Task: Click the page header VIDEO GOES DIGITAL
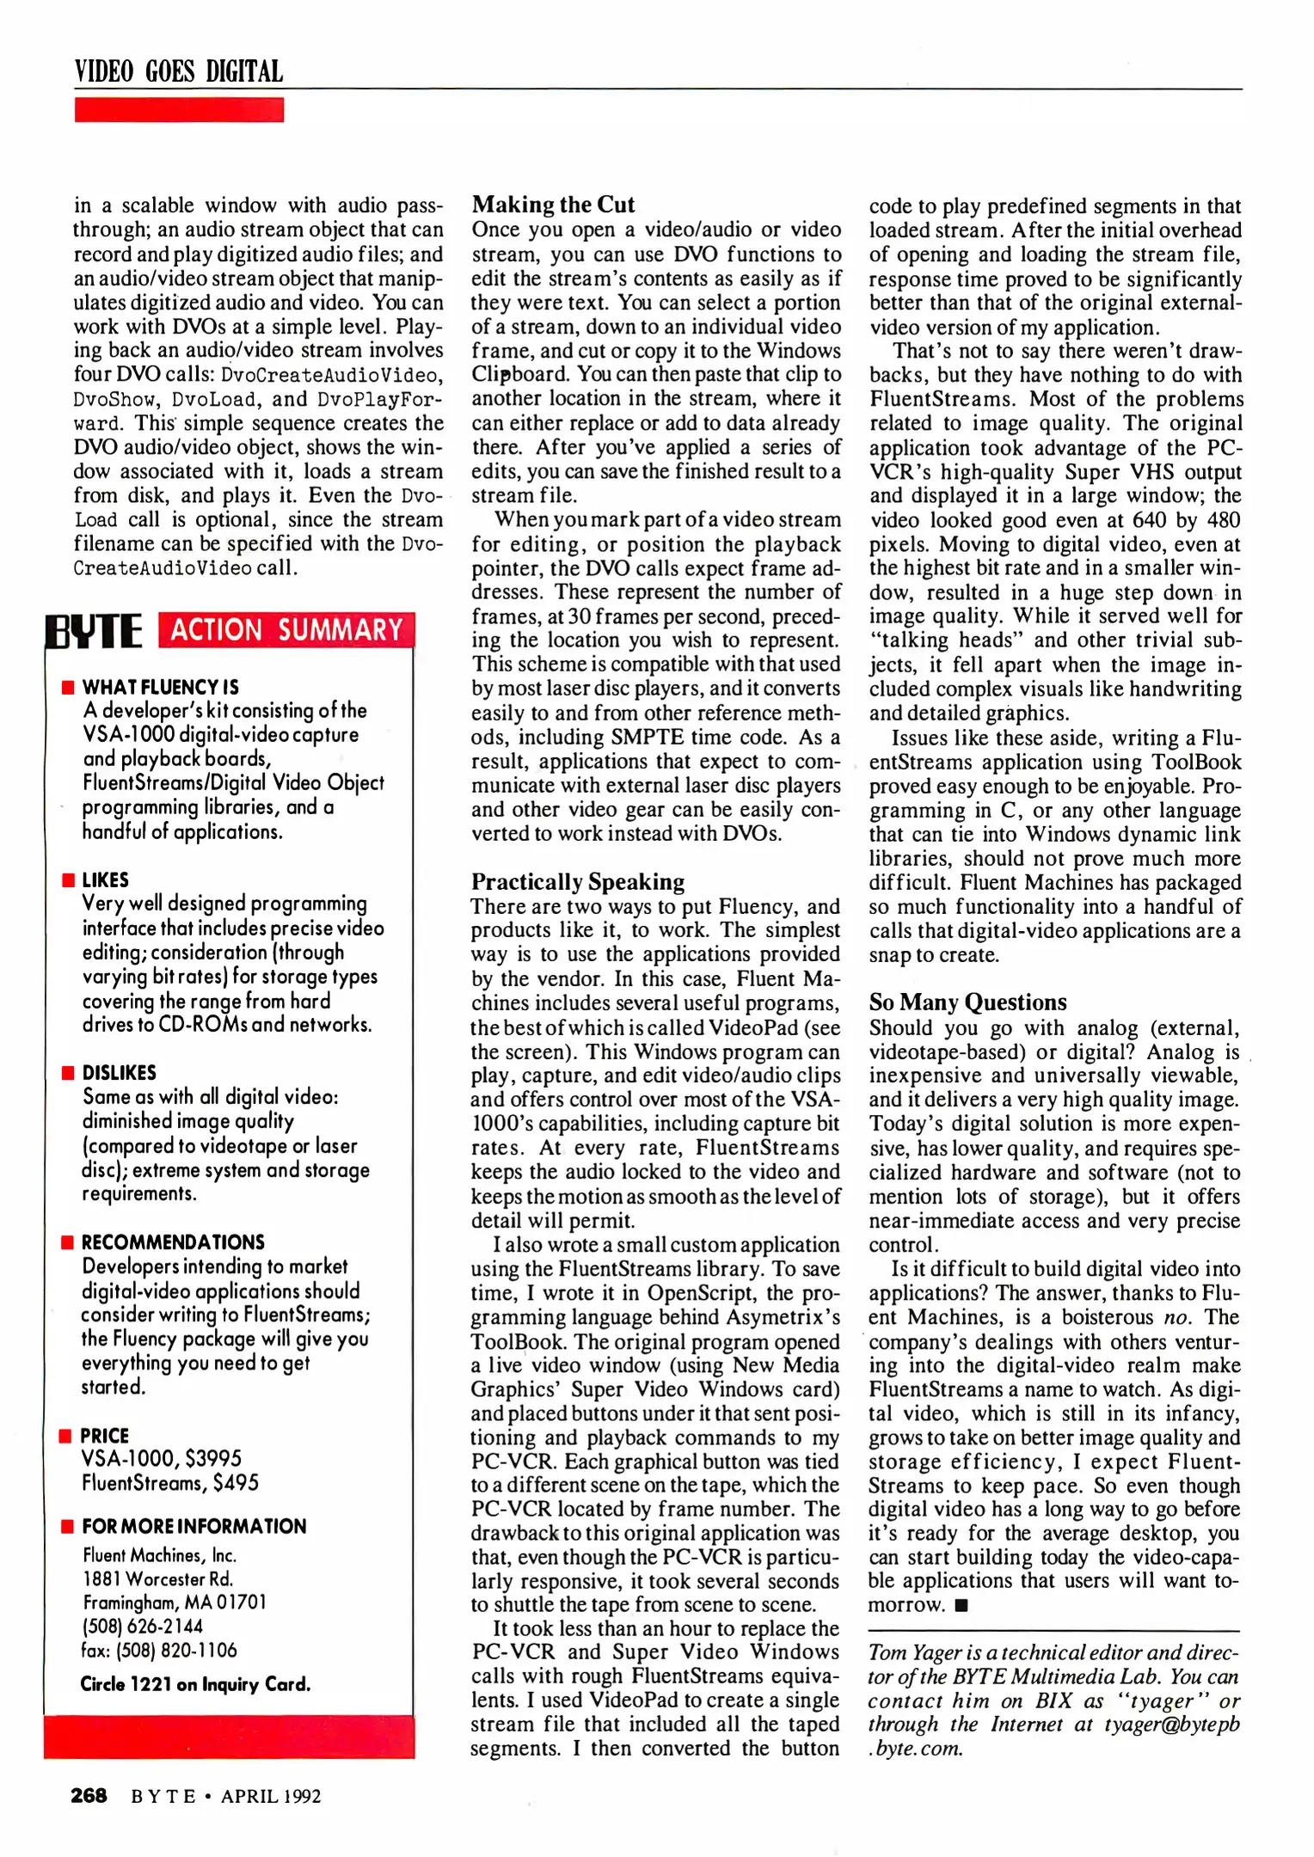(x=179, y=71)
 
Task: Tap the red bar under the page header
(x=179, y=110)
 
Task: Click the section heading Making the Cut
(x=553, y=205)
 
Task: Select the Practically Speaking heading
(x=577, y=882)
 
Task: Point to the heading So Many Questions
(x=967, y=1002)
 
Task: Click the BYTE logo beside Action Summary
(x=95, y=631)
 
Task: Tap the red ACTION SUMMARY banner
(x=286, y=630)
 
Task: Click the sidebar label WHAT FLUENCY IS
(x=161, y=687)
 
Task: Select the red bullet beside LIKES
(x=68, y=880)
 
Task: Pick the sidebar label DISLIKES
(x=120, y=1073)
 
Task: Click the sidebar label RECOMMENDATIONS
(x=173, y=1242)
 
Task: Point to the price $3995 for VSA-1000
(x=213, y=1459)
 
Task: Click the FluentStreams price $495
(x=236, y=1483)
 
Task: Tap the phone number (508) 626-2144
(x=143, y=1627)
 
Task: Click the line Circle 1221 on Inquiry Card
(x=195, y=1684)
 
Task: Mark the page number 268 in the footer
(x=89, y=1796)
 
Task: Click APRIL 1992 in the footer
(x=271, y=1797)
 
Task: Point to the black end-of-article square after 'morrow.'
(x=961, y=1605)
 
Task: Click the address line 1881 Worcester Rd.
(x=158, y=1579)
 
